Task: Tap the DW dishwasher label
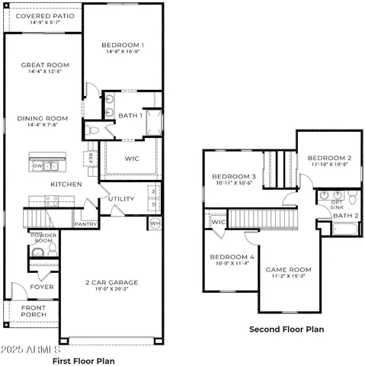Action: pos(36,165)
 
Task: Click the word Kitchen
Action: pos(66,185)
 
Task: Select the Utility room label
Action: pos(121,199)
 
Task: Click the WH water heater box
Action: pos(155,223)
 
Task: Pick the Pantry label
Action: pos(84,225)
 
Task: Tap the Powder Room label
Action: pos(43,238)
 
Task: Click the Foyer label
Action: pos(42,287)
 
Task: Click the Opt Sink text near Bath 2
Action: pos(335,204)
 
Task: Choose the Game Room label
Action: pos(288,269)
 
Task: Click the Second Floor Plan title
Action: pos(287,329)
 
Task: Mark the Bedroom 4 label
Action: pos(232,257)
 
